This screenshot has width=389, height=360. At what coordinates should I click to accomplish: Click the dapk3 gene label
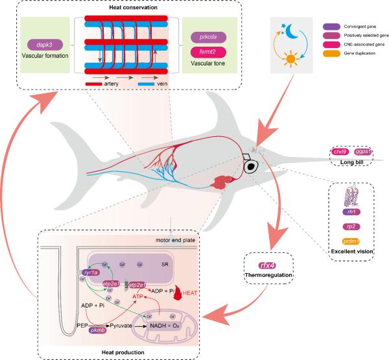pyautogui.click(x=45, y=47)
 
